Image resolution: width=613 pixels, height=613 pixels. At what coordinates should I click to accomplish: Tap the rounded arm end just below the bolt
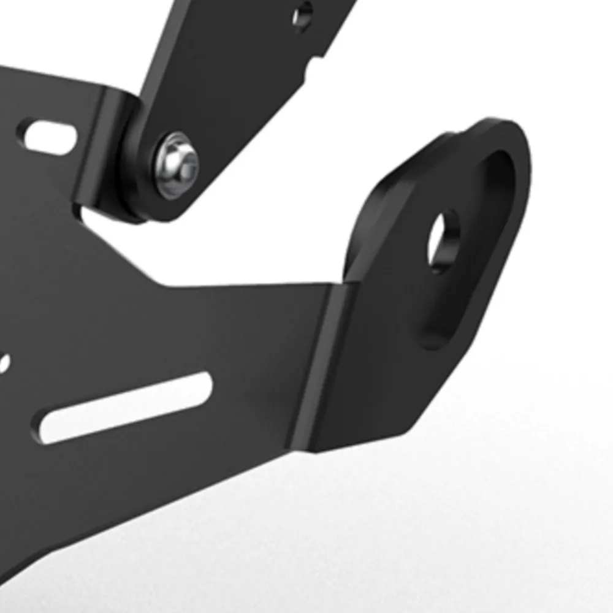click(162, 205)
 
